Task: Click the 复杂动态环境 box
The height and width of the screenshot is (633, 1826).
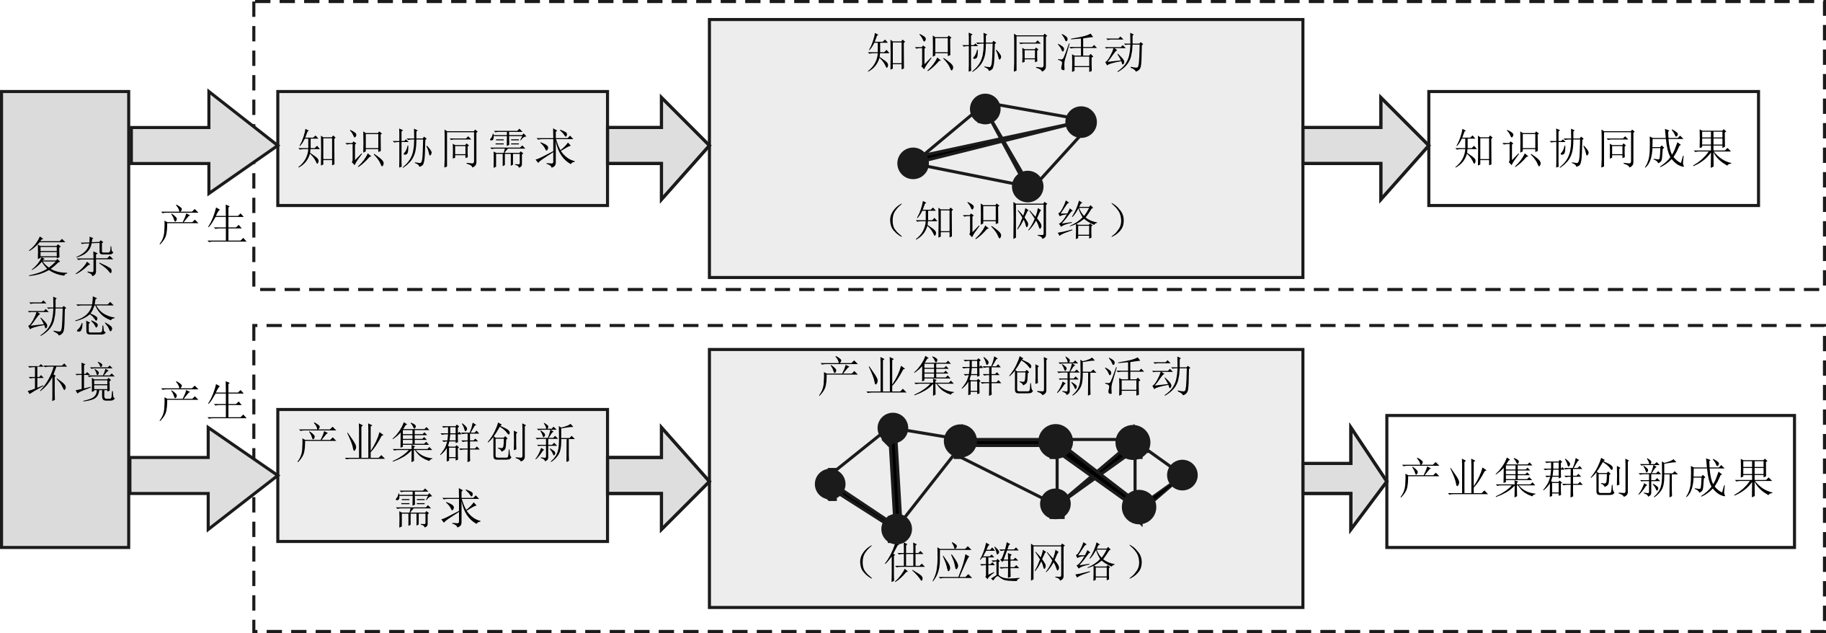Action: pyautogui.click(x=65, y=319)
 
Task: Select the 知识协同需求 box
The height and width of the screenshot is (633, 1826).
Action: pyautogui.click(x=442, y=149)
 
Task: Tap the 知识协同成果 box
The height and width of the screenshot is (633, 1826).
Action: pyautogui.click(x=1593, y=149)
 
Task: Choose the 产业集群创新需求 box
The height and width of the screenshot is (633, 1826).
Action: pyautogui.click(x=442, y=475)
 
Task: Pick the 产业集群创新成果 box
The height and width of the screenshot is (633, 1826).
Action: pyautogui.click(x=1590, y=481)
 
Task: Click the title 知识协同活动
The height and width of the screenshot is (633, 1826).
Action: pyautogui.click(x=1006, y=53)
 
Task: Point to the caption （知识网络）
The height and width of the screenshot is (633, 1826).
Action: pyautogui.click(x=1006, y=221)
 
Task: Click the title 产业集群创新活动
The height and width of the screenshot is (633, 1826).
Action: pyautogui.click(x=1006, y=377)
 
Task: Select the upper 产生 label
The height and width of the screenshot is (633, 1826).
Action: pyautogui.click(x=202, y=225)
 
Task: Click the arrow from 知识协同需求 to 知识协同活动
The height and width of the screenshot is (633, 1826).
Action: pyautogui.click(x=657, y=147)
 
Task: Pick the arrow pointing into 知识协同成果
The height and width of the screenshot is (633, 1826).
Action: pyautogui.click(x=1365, y=147)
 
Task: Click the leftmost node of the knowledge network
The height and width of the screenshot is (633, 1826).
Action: pyautogui.click(x=912, y=163)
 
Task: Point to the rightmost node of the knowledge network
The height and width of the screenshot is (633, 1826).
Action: pyautogui.click(x=1081, y=122)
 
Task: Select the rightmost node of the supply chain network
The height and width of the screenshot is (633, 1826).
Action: pyautogui.click(x=1182, y=475)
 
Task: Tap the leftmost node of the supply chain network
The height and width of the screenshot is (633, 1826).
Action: pyautogui.click(x=830, y=484)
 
